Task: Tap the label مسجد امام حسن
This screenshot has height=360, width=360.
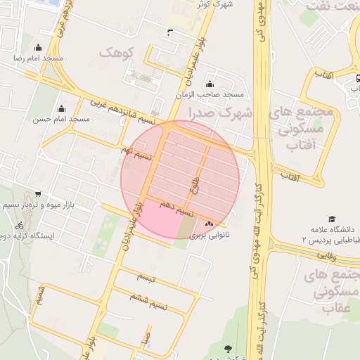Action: (x=61, y=120)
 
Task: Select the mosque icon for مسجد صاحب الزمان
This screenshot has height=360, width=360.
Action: (x=209, y=84)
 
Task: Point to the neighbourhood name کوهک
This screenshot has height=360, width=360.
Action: (x=116, y=53)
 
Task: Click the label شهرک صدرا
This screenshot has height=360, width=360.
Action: (x=218, y=112)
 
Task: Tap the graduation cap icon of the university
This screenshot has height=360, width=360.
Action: (x=331, y=219)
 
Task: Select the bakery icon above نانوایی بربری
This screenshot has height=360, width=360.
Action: (x=208, y=224)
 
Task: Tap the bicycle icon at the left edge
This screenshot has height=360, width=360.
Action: (x=19, y=226)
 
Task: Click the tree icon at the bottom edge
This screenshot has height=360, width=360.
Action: (x=227, y=349)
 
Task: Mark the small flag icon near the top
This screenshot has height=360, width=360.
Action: (x=169, y=32)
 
